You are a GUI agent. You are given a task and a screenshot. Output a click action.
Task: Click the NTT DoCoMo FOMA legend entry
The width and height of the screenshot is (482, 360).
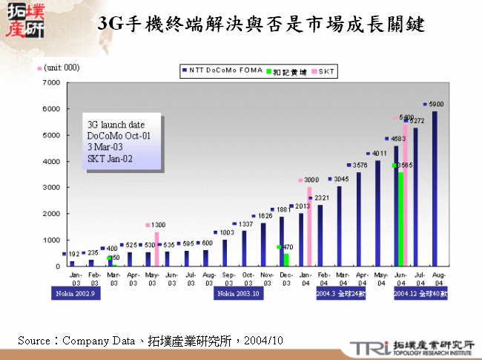(219, 71)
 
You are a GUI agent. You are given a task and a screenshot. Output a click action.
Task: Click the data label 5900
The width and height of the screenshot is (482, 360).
(437, 105)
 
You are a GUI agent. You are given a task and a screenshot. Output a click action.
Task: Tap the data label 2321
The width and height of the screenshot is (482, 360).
(321, 198)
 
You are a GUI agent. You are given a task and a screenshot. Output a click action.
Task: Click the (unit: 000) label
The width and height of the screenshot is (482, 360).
(62, 68)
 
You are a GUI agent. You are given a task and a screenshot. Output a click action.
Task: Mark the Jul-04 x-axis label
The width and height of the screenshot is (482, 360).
(417, 278)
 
